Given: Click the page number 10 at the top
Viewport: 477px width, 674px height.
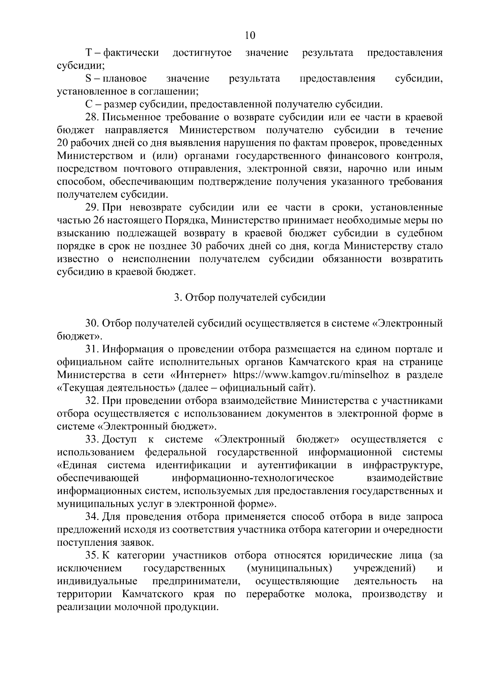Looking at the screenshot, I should (250, 35).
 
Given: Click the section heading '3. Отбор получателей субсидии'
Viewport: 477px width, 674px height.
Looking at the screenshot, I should (250, 297).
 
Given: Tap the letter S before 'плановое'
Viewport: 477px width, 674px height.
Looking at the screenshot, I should (88, 79).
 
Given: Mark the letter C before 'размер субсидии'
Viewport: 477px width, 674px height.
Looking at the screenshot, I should (88, 104).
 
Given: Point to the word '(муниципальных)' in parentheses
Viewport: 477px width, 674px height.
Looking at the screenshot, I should (289, 568).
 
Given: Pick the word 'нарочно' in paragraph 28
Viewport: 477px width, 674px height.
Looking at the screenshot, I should (364, 169).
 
